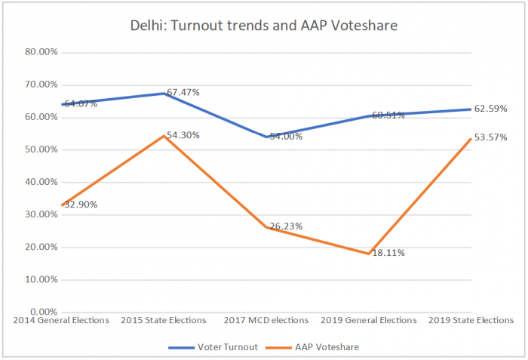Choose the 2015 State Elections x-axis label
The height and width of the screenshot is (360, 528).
[163, 320]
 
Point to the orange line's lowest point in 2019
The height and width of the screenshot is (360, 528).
[369, 254]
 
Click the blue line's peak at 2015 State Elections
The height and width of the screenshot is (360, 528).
[163, 94]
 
